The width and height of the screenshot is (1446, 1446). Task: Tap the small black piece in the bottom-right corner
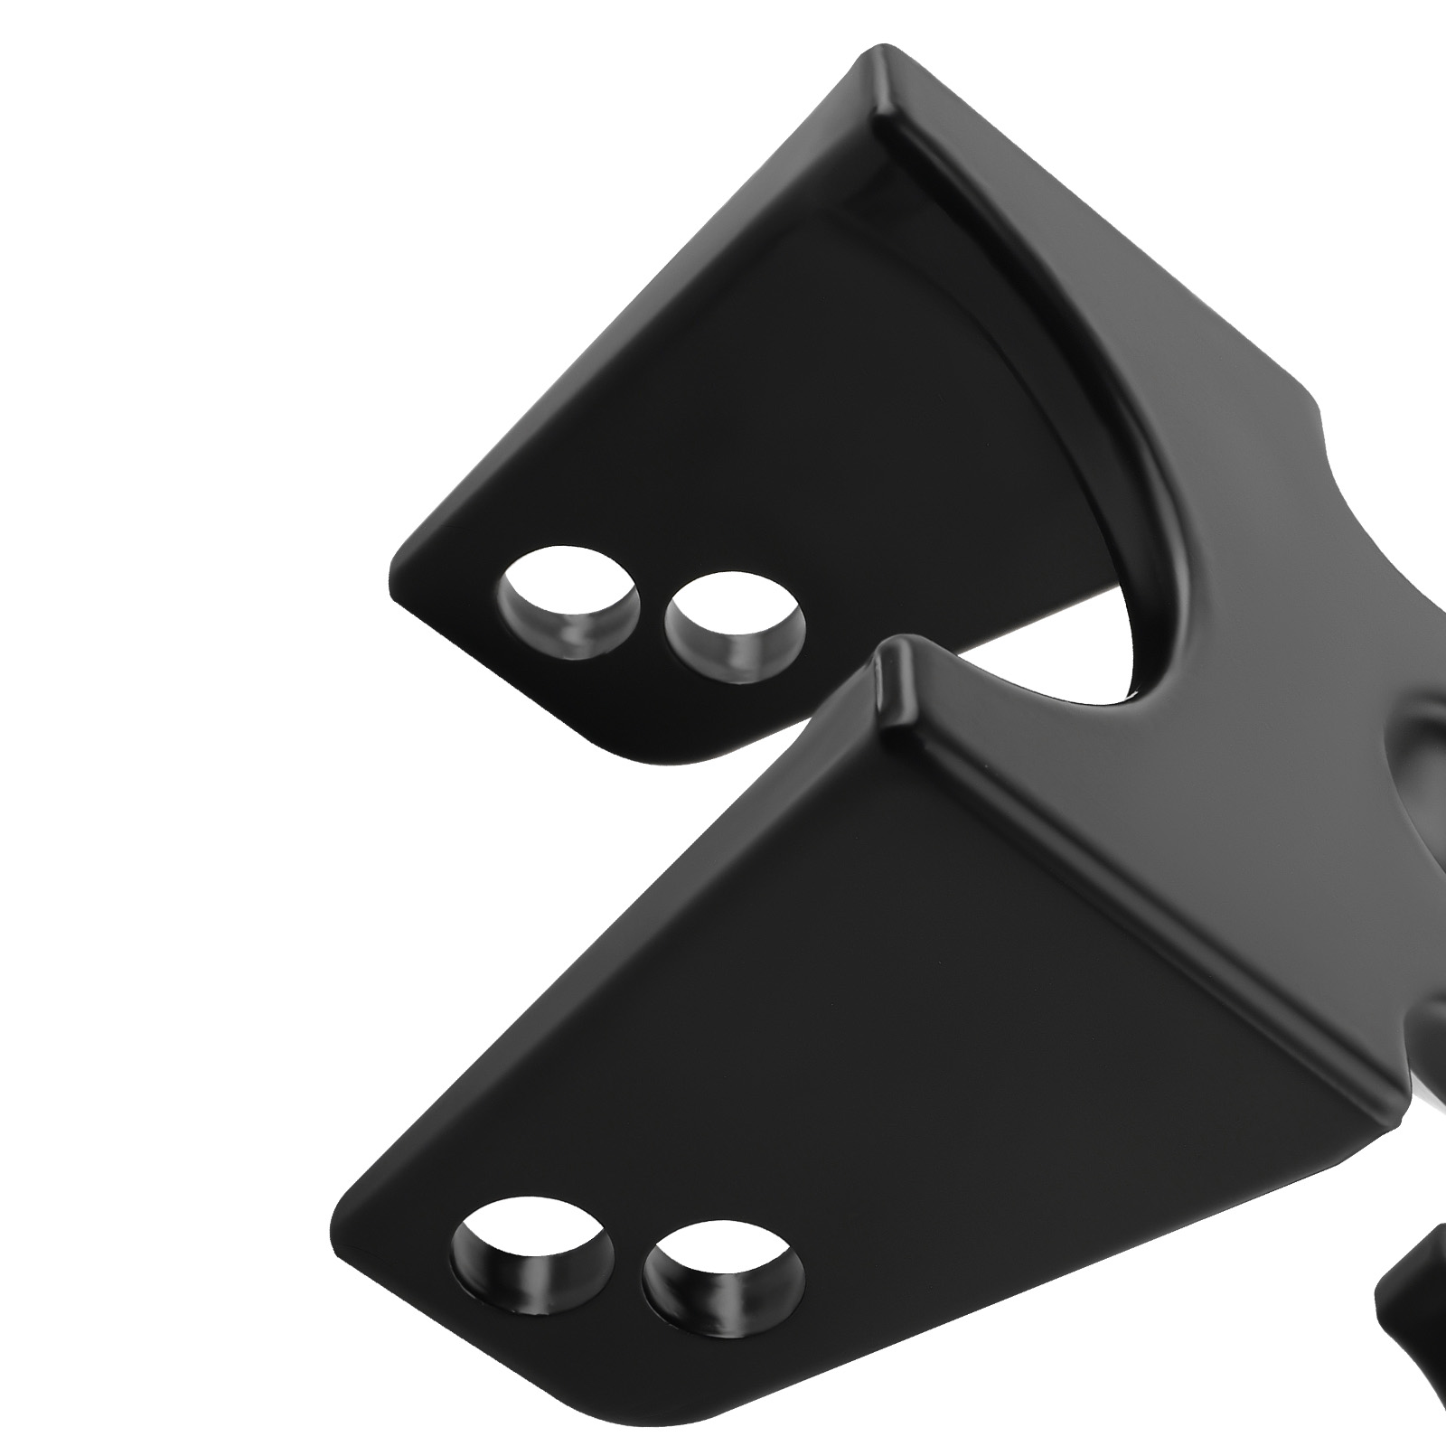1414,1310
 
